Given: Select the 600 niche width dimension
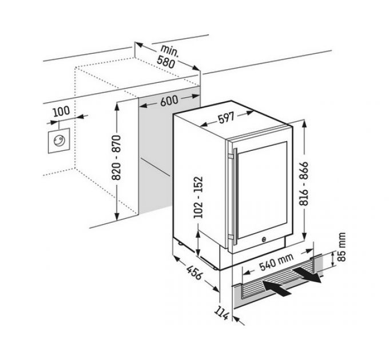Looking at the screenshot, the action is coord(169,101).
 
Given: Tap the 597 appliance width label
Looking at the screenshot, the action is coord(227,118).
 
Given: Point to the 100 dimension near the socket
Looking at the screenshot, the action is coord(61,111).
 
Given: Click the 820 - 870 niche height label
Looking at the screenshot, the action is coord(116,158).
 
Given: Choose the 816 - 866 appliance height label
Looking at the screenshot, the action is coord(303,183).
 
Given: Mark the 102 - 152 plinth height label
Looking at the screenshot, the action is coord(198,197).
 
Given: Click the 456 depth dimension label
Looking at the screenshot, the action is coord(194,272).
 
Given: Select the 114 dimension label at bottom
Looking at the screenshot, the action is coord(221,313).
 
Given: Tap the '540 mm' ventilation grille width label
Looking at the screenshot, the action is coord(276,262).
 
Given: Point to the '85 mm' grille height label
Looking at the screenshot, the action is coord(342,247).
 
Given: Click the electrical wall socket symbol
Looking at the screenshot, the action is coord(59,141).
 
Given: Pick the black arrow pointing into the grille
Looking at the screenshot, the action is coord(277,288).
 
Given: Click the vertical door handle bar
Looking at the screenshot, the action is coord(236,196).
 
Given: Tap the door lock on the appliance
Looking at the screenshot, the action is coord(264,239).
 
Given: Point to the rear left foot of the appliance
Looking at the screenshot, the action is coord(180,243).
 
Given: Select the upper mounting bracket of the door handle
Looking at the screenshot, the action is coord(231,157).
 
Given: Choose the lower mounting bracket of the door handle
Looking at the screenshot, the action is coord(231,237).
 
